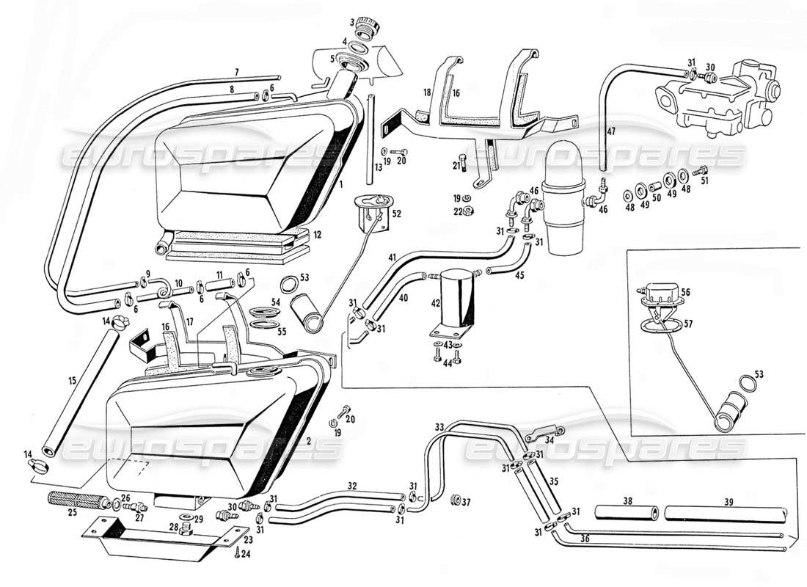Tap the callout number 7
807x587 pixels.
pyautogui.click(x=237, y=72)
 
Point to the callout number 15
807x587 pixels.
pyautogui.click(x=72, y=381)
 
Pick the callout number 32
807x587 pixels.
pyautogui.click(x=352, y=486)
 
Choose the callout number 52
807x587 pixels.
pyautogui.click(x=397, y=214)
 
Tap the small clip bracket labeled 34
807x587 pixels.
pyautogui.click(x=546, y=433)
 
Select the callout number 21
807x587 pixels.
pyautogui.click(x=456, y=166)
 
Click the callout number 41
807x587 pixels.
pyautogui.click(x=392, y=258)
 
